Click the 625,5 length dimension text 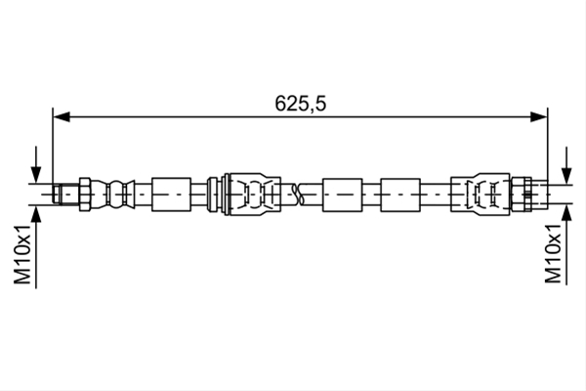[301, 104]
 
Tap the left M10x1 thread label [22, 254]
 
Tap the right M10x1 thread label [553, 253]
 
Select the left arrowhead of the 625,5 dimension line [62, 116]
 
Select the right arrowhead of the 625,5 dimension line [538, 116]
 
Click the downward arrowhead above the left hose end [36, 175]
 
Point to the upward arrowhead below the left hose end [36, 214]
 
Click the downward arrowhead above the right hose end [566, 176]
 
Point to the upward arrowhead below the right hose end [566, 213]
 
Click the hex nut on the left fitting [84, 195]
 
